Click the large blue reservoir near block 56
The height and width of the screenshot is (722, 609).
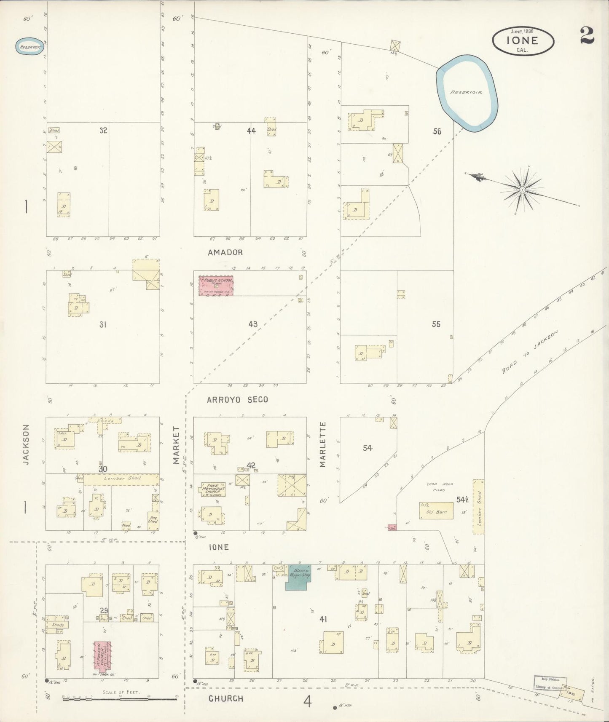point(467,92)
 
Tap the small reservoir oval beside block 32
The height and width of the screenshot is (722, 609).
point(30,47)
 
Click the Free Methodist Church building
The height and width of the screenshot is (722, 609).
point(213,489)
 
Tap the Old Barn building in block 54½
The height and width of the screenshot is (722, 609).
point(436,511)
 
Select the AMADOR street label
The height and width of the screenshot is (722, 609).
point(225,252)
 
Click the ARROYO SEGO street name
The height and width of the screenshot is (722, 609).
point(237,399)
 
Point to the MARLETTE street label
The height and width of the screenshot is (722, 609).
point(323,444)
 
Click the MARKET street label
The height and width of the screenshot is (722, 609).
point(176,445)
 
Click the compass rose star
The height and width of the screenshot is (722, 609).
point(522,190)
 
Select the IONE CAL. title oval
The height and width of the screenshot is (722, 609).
point(523,40)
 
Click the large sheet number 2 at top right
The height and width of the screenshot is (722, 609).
point(587,35)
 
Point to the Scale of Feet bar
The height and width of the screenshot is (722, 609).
point(120,700)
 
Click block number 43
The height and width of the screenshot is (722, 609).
point(253,324)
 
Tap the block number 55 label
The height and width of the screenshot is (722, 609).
point(436,324)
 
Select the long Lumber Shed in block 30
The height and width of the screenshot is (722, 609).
point(121,479)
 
